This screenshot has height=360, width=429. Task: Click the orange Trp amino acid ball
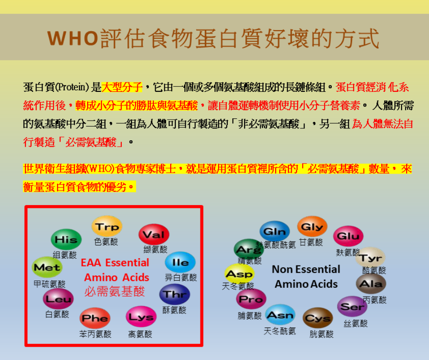pyautogui.click(x=107, y=226)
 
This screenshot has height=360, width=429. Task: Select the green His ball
pyautogui.click(x=66, y=239)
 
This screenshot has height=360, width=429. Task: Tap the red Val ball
pyautogui.click(x=154, y=234)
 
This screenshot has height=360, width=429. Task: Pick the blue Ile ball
pyautogui.click(x=180, y=262)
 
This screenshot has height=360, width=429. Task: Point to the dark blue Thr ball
pyautogui.click(x=174, y=294)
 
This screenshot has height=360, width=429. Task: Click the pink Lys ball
pyautogui.click(x=141, y=317)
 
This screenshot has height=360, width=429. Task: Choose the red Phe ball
pyautogui.click(x=95, y=318)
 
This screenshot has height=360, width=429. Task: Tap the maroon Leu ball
pyautogui.click(x=58, y=299)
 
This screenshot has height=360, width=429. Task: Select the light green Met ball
pyautogui.click(x=47, y=267)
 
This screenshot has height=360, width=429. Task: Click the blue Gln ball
pyautogui.click(x=275, y=232)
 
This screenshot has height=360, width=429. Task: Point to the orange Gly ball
pyautogui.click(x=312, y=227)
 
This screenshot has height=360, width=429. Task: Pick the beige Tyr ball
pyautogui.click(x=371, y=258)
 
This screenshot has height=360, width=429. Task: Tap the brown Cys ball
pyautogui.click(x=318, y=318)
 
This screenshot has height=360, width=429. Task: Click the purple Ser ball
pyautogui.click(x=352, y=306)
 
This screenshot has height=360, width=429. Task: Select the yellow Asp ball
pyautogui.click(x=240, y=274)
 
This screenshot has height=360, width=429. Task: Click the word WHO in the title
pyautogui.click(x=73, y=38)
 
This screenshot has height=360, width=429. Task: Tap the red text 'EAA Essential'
pyautogui.click(x=115, y=263)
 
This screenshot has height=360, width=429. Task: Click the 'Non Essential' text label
pyautogui.click(x=306, y=269)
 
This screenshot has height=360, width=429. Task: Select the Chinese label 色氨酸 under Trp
pyautogui.click(x=106, y=242)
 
